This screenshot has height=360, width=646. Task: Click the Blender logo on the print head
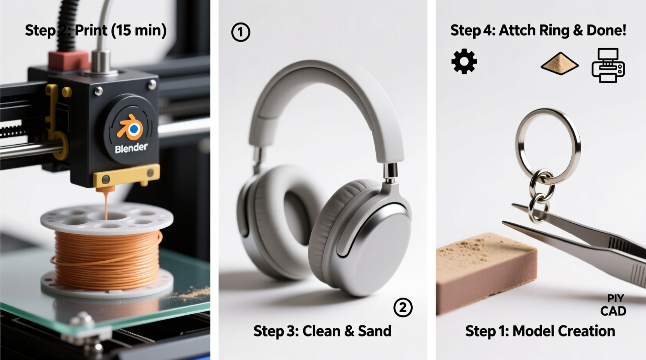point(131,128)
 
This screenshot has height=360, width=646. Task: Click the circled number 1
point(241,32)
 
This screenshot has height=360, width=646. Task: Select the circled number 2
point(403,308)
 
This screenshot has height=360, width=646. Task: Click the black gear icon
point(464,62)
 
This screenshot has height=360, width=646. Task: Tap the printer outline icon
point(608,65)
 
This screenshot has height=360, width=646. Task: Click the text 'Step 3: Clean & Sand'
point(322,331)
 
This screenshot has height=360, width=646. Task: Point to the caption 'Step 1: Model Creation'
point(540,331)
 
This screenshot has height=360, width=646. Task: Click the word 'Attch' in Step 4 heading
point(514,30)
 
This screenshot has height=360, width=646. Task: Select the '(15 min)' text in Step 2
point(139,30)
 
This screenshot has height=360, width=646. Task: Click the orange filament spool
point(107,248)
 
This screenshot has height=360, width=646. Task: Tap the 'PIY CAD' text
point(614,305)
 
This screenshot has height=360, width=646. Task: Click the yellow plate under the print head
point(127,177)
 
